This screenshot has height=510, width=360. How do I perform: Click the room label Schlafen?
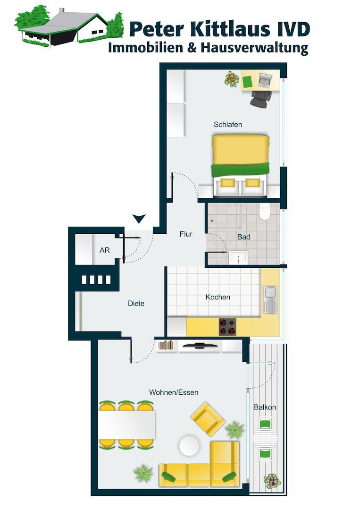pyautogui.click(x=228, y=125)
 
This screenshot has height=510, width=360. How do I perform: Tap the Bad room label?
pyautogui.click(x=243, y=237)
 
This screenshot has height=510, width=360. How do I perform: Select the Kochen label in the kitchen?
pyautogui.click(x=218, y=297)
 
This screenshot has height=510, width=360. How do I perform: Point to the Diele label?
pyautogui.click(x=136, y=304)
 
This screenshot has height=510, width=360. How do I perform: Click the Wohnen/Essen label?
pyautogui.click(x=174, y=392)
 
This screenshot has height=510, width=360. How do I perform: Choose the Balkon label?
pyautogui.click(x=265, y=407)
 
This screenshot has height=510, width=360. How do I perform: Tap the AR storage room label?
pyautogui.click(x=105, y=250)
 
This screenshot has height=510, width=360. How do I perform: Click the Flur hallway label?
pyautogui.click(x=186, y=234)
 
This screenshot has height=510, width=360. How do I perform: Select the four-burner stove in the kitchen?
pyautogui.click(x=227, y=327)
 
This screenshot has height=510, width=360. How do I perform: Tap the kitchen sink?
pyautogui.click(x=270, y=299)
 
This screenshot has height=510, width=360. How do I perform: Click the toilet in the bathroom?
pyautogui.click(x=265, y=212)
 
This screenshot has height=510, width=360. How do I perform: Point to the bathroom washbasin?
pyautogui.click(x=238, y=258)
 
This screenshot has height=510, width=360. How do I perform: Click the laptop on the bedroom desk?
pyautogui.click(x=265, y=80)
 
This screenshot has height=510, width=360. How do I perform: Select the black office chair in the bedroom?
pyautogui.click(x=260, y=98)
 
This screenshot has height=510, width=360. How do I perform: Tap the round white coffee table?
pyautogui.click(x=189, y=446)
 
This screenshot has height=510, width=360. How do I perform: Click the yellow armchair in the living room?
pyautogui.click(x=208, y=419)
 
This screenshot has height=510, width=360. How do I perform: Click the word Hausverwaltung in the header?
pyautogui.click(x=254, y=48)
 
